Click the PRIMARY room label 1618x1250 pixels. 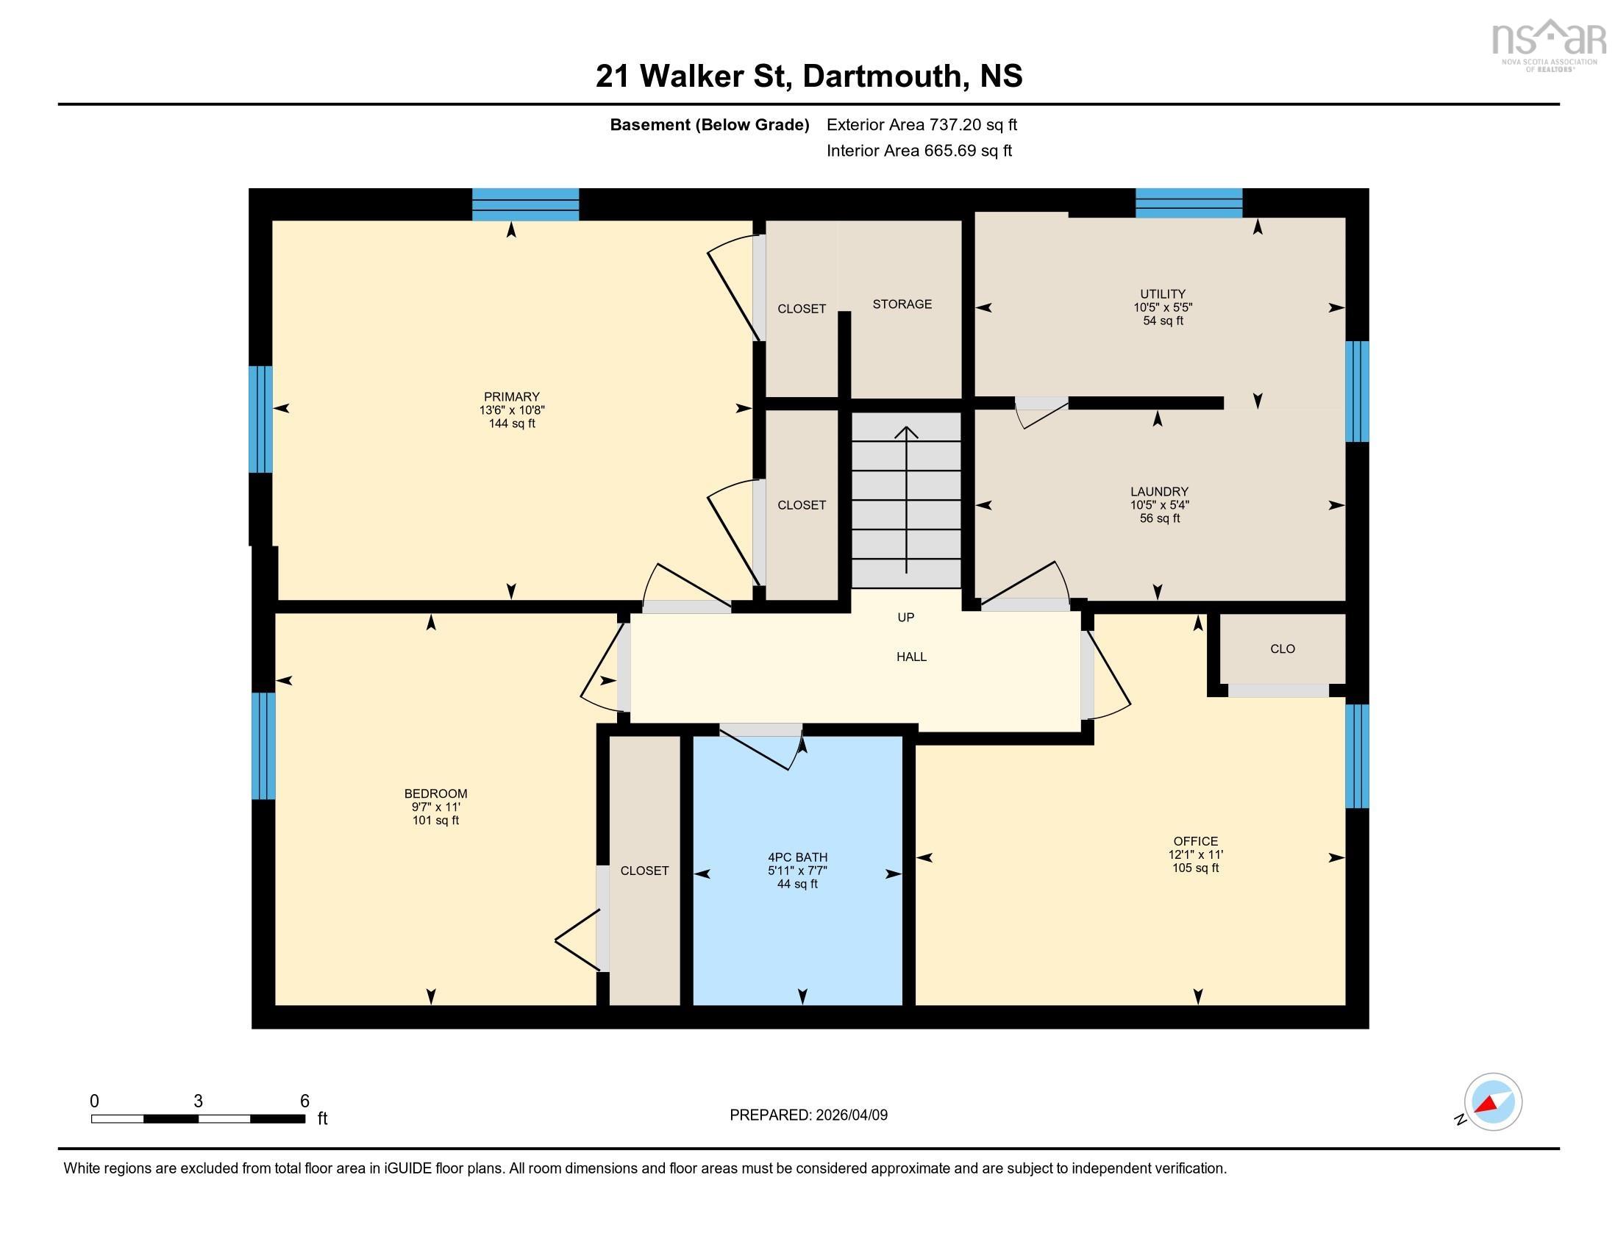(x=511, y=396)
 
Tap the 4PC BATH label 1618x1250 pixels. (x=797, y=857)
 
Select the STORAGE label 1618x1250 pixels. (x=902, y=304)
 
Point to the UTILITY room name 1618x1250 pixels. (x=1162, y=294)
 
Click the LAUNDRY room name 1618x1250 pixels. (x=1158, y=492)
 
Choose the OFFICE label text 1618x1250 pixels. (x=1195, y=841)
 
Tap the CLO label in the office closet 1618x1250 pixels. (x=1282, y=649)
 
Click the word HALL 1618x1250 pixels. (x=911, y=657)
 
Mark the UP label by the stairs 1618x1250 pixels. (x=905, y=618)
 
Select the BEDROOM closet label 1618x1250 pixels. (x=644, y=871)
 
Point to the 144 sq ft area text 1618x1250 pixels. (x=511, y=424)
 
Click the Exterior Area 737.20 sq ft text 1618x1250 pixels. (x=921, y=125)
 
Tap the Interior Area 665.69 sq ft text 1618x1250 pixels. (x=919, y=151)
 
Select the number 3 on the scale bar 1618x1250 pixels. (x=198, y=1101)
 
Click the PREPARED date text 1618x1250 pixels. (x=808, y=1115)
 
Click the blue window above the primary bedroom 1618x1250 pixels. (x=525, y=204)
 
